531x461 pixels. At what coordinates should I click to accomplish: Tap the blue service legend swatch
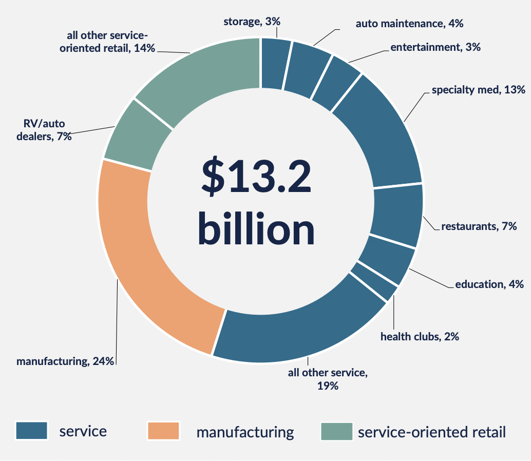(x=31, y=431)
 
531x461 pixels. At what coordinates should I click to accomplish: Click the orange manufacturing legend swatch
(x=163, y=431)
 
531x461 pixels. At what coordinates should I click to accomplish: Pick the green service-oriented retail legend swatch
(x=336, y=431)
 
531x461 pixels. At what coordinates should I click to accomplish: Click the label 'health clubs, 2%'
(x=420, y=337)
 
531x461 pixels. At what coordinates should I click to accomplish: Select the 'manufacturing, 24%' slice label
(x=65, y=361)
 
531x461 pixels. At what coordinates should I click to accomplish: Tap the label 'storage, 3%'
(x=252, y=22)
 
